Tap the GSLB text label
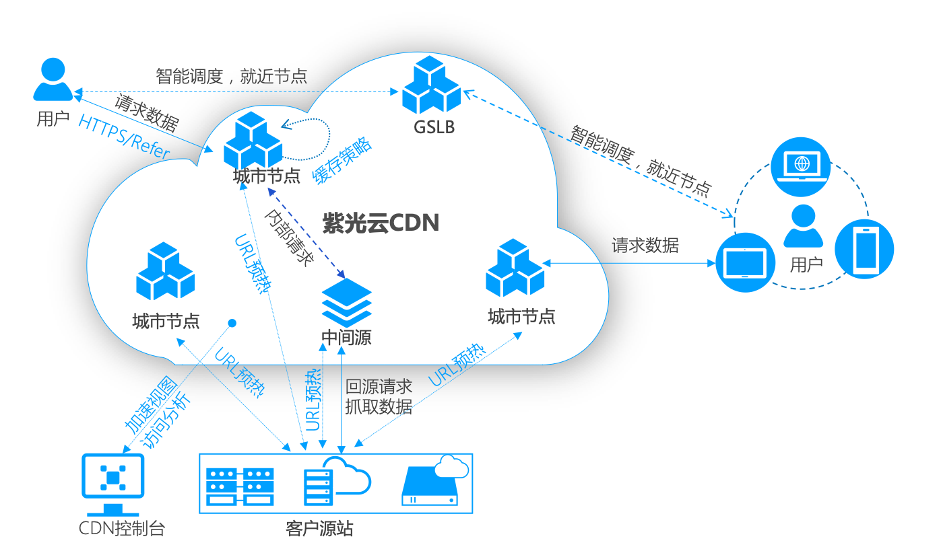[434, 126]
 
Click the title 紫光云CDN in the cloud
[381, 223]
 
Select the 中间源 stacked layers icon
[346, 303]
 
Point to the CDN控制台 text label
[121, 528]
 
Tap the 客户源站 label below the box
[319, 528]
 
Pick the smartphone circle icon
[864, 249]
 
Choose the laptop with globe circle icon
[800, 167]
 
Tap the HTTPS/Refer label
[125, 138]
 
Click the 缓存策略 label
[342, 163]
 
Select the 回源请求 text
[379, 387]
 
